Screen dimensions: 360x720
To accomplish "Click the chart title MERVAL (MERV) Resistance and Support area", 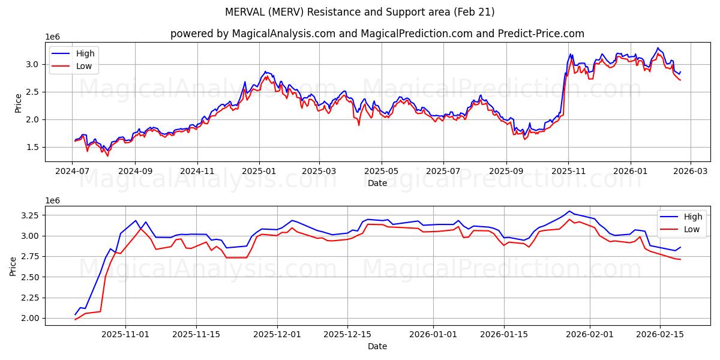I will (x=360, y=12).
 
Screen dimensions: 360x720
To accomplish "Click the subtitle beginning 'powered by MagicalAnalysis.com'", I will (x=377, y=34).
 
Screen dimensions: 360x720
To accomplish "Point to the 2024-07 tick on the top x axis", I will (x=73, y=172).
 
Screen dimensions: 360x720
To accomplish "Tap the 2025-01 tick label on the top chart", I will (x=259, y=172).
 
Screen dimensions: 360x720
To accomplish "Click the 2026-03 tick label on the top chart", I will (x=690, y=172).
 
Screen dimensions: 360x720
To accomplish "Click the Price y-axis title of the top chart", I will (x=18, y=103).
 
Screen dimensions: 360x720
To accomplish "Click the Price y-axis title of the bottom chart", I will (x=14, y=266).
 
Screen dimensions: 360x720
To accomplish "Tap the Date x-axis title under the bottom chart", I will (x=377, y=346).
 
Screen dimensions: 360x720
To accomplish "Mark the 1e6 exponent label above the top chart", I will (x=53, y=37).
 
